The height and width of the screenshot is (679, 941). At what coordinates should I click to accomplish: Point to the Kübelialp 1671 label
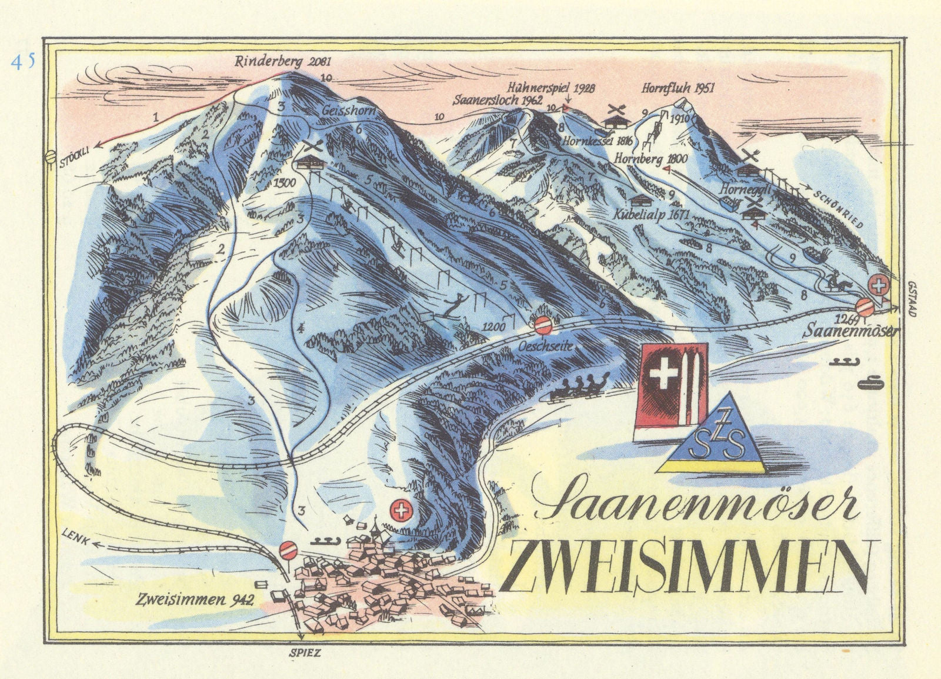[650, 215]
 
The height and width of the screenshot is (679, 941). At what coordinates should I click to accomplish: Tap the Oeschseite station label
[545, 347]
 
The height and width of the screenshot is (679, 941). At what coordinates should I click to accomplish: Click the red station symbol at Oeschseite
[543, 324]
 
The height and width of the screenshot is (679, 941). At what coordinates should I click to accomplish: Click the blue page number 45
[23, 62]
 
